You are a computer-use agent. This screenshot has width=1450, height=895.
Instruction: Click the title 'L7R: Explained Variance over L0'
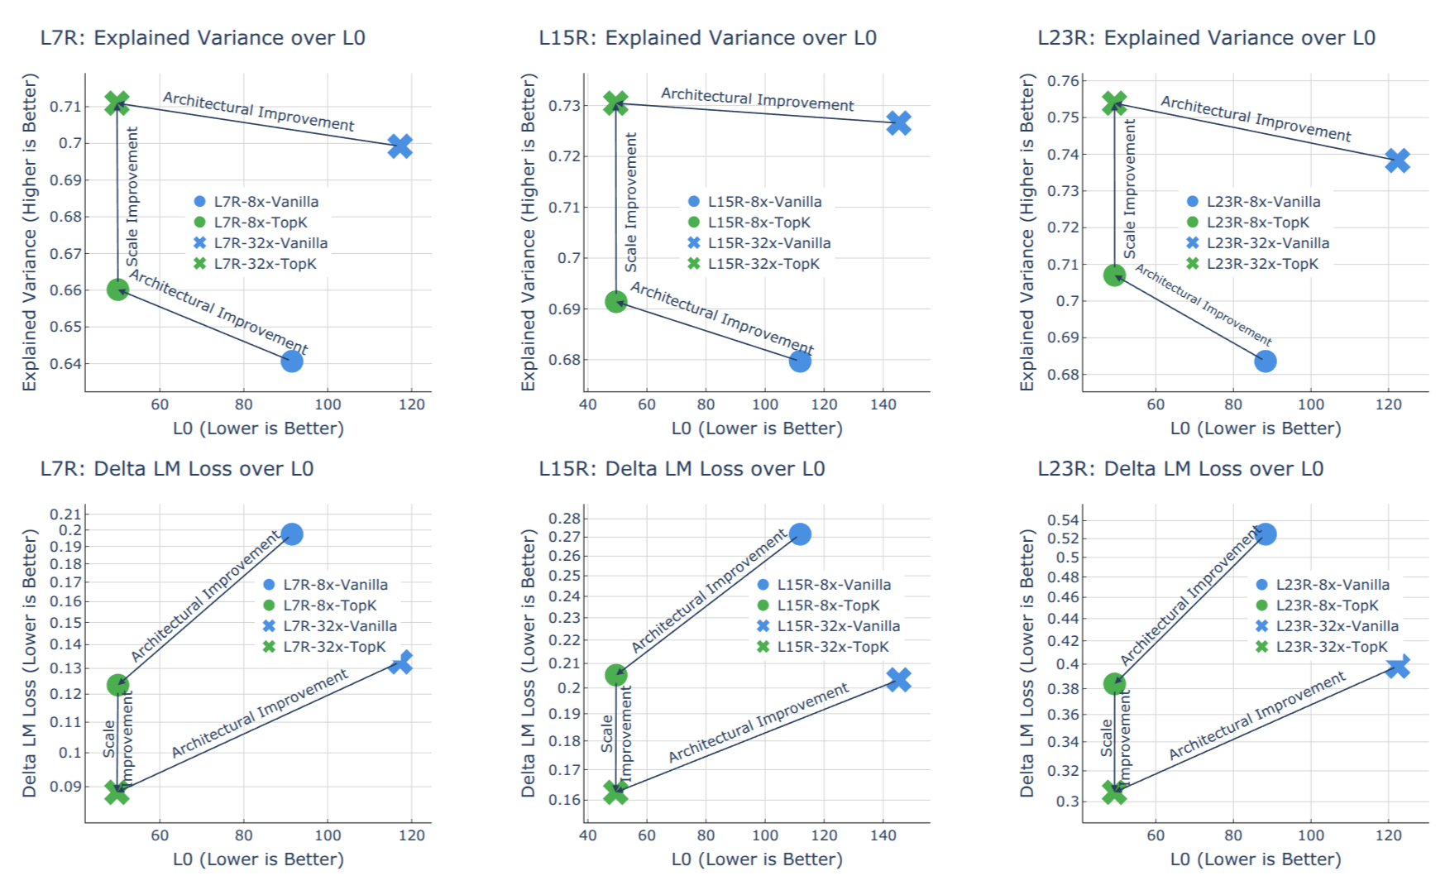pyautogui.click(x=203, y=38)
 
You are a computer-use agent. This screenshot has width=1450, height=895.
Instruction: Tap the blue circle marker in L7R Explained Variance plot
pyautogui.click(x=291, y=361)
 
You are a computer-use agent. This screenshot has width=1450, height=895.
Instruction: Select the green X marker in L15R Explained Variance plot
pyautogui.click(x=615, y=103)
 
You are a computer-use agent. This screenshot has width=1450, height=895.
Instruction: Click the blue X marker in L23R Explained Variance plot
pyautogui.click(x=1397, y=160)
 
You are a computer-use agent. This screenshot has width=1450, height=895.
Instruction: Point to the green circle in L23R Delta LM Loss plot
pyautogui.click(x=1114, y=684)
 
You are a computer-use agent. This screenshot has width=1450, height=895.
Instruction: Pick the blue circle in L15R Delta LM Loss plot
pyautogui.click(x=799, y=534)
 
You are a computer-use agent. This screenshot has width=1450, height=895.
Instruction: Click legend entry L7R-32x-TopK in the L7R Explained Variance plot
pyautogui.click(x=265, y=264)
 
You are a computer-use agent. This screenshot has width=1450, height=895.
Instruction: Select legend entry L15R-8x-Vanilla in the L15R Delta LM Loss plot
pyautogui.click(x=833, y=585)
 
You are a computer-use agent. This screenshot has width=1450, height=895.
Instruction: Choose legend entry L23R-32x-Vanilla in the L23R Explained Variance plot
pyautogui.click(x=1267, y=243)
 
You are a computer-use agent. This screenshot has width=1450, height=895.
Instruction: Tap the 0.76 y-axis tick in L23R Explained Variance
pyautogui.click(x=1063, y=81)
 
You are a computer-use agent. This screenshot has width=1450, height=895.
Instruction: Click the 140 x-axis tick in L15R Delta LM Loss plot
pyautogui.click(x=883, y=835)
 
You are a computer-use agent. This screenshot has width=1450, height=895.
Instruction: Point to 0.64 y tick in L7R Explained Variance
pyautogui.click(x=65, y=363)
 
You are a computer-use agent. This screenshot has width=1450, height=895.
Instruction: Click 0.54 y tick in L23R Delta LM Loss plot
pyautogui.click(x=1063, y=520)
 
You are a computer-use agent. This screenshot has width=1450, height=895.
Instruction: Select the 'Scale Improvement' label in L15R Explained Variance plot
pyautogui.click(x=631, y=203)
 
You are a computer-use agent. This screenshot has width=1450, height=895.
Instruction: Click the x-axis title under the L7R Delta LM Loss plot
pyautogui.click(x=258, y=859)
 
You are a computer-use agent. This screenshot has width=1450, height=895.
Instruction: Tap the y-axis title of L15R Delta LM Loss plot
pyautogui.click(x=528, y=663)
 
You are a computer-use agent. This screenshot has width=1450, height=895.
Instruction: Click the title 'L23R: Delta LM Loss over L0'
pyautogui.click(x=1180, y=469)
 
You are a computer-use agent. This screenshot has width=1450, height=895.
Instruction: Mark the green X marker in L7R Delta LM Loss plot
pyautogui.click(x=117, y=792)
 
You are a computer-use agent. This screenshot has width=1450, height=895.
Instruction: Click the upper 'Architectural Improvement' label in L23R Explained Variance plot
pyautogui.click(x=1255, y=117)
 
